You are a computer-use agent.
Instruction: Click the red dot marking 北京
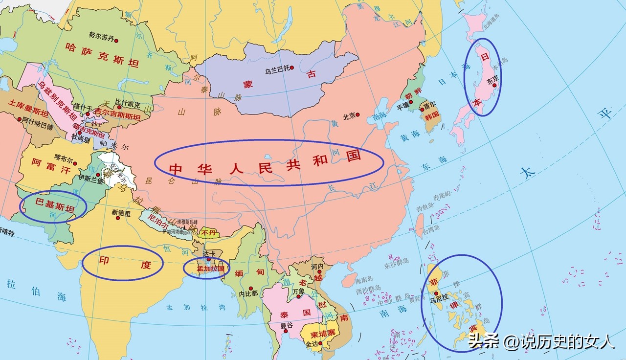click(358, 115)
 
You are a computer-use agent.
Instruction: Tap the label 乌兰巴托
click(277, 70)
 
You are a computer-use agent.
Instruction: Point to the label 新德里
click(121, 213)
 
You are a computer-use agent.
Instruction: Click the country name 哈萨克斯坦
click(102, 55)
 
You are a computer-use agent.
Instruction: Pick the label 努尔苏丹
click(101, 36)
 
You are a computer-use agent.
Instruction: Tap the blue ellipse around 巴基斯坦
click(53, 206)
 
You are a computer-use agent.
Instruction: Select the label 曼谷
click(287, 326)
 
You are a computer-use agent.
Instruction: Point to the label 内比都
click(248, 294)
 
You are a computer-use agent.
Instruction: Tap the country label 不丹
click(208, 232)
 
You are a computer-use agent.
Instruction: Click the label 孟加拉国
click(210, 269)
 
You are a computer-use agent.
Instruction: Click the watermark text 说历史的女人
click(567, 341)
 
